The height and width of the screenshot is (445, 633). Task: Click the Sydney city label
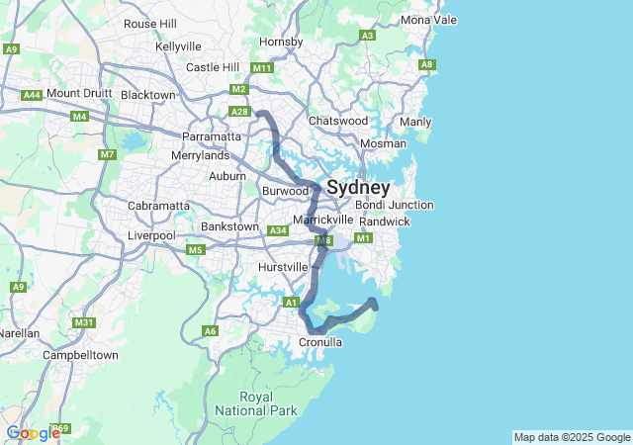coord(358,187)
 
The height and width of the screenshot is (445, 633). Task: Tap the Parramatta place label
coord(210,136)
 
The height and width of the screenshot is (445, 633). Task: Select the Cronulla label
coord(320,342)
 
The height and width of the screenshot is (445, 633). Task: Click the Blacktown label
coord(147,95)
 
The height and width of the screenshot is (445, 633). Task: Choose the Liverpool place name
coord(151,235)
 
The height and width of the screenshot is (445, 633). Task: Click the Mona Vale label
coord(429,20)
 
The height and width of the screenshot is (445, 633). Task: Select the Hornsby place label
coord(280,42)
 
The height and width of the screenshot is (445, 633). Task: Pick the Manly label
coord(414,122)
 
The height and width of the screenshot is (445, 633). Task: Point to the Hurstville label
coord(283,267)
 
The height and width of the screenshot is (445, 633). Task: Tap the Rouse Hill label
coord(149,24)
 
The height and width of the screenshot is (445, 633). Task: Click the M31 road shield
coord(84,322)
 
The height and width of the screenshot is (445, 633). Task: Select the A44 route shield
coord(32,95)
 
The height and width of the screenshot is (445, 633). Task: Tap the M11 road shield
coord(261,68)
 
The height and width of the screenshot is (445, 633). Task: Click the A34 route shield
coord(278,231)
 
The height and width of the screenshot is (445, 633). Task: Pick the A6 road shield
coord(210,331)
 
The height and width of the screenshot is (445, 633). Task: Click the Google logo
coord(33,433)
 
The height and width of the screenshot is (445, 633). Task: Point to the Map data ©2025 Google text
coord(572,437)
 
